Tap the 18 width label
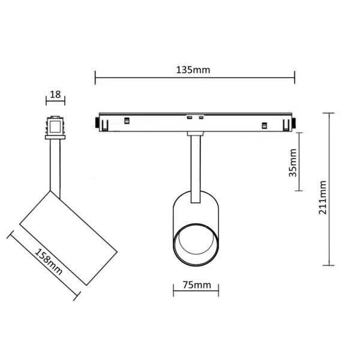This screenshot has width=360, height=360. pyautogui.click(x=56, y=95)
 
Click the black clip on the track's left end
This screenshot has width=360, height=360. pyautogui.click(x=97, y=123)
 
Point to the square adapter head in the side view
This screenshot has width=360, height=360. pyautogui.click(x=55, y=125)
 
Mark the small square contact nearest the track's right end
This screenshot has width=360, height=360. pyautogui.click(x=263, y=125)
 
